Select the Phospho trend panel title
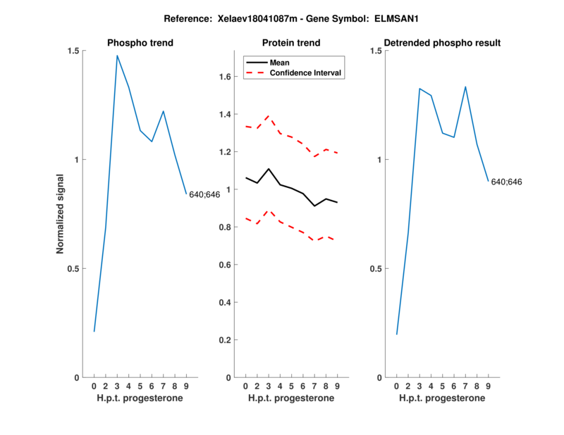tap(140, 43)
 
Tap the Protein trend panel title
tap(291, 43)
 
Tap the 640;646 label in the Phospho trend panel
tap(205, 194)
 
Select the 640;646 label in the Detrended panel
tap(507, 182)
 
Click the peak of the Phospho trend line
tap(117, 56)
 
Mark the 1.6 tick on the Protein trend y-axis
tap(226, 77)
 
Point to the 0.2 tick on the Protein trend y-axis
tap(226, 340)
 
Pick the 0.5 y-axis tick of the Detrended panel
tap(376, 269)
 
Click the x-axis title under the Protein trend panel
tap(291, 398)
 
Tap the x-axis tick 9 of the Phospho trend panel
tap(186, 386)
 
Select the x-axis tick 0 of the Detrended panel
tap(396, 386)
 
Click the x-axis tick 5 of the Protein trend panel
tap(291, 386)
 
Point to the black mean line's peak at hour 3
tap(269, 169)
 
